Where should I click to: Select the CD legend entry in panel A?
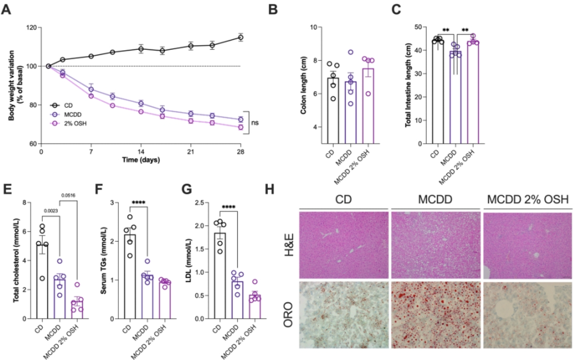click(68, 105)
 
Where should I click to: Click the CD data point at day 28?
click(241, 37)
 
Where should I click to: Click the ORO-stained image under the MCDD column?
click(435, 314)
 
